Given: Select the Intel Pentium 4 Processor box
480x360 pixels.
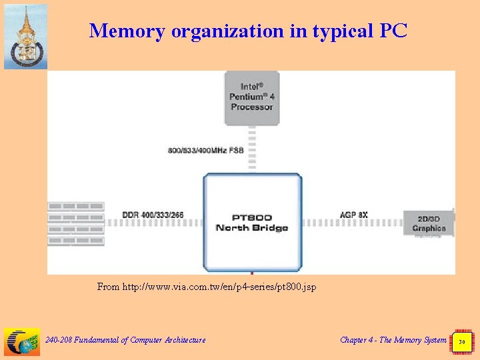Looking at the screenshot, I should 251,98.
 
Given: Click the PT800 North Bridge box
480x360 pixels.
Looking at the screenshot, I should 252,222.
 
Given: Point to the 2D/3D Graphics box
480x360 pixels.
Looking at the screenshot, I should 429,223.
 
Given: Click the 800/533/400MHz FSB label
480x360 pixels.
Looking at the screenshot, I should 205,150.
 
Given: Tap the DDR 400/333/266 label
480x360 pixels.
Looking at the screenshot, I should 153,215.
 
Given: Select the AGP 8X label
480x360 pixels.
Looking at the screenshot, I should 353,215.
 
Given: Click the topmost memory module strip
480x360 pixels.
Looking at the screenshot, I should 76,206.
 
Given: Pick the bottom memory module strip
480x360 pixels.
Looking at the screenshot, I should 76,241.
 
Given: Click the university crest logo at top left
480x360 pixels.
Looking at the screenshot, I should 25,37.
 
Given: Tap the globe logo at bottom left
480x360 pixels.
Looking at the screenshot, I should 21,341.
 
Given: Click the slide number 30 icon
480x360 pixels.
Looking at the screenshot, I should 461,341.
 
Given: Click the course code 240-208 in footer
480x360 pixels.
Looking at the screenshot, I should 59,340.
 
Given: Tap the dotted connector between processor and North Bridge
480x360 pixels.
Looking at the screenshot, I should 252,150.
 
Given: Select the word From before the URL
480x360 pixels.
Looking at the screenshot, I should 108,287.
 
